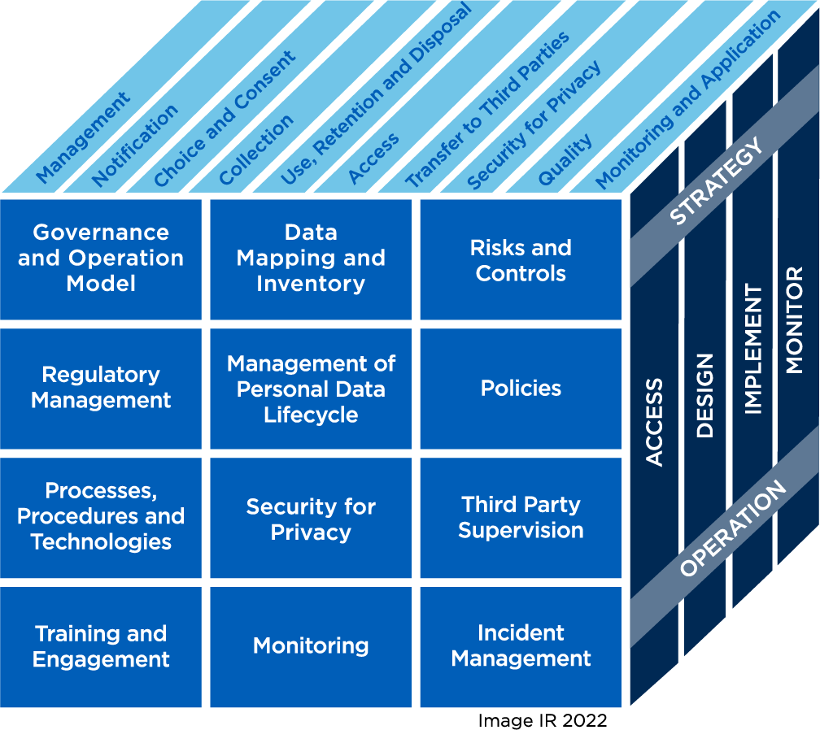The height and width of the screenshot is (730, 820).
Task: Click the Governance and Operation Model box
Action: coord(101,258)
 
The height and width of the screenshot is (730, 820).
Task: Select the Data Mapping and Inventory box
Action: coord(311,258)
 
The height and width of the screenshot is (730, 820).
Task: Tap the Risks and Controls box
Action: coord(521,260)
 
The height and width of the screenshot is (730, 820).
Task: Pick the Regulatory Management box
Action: coord(101,388)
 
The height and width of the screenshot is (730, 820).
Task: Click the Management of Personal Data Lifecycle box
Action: coord(311,389)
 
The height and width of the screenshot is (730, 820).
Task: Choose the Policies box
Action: coord(521,389)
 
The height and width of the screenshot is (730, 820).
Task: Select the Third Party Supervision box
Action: coord(521,518)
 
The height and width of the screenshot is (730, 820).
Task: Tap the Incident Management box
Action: coord(521,646)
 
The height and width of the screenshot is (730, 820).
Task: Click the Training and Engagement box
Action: coord(101,646)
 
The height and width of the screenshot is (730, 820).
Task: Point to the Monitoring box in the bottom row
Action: coord(311,646)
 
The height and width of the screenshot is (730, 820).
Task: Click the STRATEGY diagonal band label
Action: coord(717,180)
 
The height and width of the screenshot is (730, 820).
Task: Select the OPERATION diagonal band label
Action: coord(733,529)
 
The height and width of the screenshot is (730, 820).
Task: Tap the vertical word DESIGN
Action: coord(704,396)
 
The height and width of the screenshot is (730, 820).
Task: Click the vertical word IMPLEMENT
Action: coord(753,350)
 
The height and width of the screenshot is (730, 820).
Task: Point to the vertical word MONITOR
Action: coord(795,319)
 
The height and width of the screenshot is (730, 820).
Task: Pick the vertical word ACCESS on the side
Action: coord(655,423)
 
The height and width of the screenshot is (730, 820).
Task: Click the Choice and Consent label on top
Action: coord(225,118)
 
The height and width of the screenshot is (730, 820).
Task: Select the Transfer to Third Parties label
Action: coord(487,110)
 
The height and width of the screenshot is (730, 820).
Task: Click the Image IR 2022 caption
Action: coord(542,720)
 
